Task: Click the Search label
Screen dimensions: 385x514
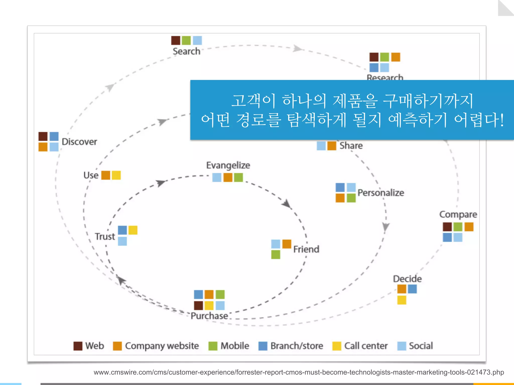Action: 186,51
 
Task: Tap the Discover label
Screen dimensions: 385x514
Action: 79,142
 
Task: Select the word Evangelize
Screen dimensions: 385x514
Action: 228,165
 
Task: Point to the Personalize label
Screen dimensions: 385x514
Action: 381,193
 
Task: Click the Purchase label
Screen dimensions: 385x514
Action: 209,316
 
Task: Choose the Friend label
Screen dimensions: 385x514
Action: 306,249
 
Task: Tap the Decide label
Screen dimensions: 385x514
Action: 407,279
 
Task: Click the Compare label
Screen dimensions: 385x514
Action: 458,215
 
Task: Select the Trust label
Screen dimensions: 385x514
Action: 105,237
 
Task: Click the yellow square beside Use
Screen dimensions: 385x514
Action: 116,175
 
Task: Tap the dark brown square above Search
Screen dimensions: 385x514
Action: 176,40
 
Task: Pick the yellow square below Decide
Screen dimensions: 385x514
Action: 402,300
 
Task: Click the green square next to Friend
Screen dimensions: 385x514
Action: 276,255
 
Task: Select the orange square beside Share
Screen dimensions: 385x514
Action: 332,146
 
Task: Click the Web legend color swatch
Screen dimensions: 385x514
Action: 78,346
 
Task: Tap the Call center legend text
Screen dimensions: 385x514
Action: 366,346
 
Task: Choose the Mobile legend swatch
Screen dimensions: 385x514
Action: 213,346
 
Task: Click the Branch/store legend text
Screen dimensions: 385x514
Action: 297,346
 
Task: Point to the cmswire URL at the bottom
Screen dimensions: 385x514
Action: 299,372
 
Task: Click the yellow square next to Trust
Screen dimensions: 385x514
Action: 133,230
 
